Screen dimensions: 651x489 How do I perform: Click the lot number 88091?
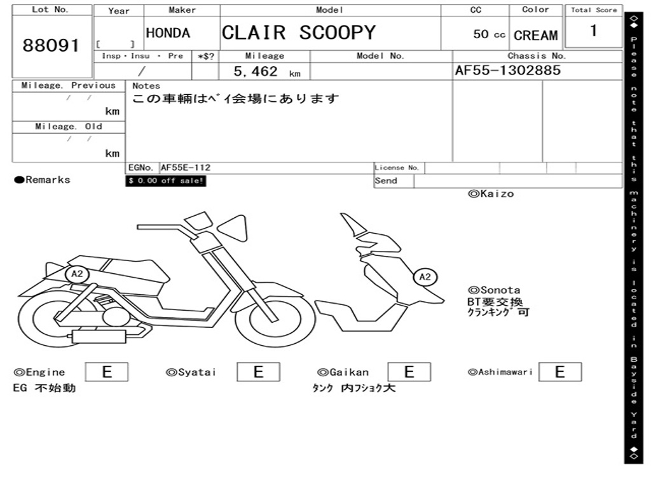[51, 46]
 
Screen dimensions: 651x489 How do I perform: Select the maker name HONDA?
[168, 33]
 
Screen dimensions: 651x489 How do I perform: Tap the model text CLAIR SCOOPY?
[299, 32]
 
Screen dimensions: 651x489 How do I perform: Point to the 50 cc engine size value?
[489, 34]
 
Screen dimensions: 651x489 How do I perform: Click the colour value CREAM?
[535, 36]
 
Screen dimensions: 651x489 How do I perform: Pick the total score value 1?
[593, 31]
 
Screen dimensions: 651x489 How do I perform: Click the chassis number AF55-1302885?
[507, 71]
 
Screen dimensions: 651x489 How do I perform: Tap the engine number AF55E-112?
[186, 168]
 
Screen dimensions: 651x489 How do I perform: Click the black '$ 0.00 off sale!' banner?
[166, 181]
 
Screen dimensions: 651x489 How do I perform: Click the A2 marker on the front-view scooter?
[425, 277]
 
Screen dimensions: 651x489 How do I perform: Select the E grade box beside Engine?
[106, 372]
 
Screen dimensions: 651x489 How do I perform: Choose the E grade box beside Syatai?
[258, 372]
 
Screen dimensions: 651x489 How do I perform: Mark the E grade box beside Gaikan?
[409, 372]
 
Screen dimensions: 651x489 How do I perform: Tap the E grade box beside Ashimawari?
[559, 372]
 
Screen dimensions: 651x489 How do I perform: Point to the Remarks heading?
[43, 180]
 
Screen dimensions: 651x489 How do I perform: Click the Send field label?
[386, 181]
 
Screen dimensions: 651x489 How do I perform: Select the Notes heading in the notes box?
[146, 86]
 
